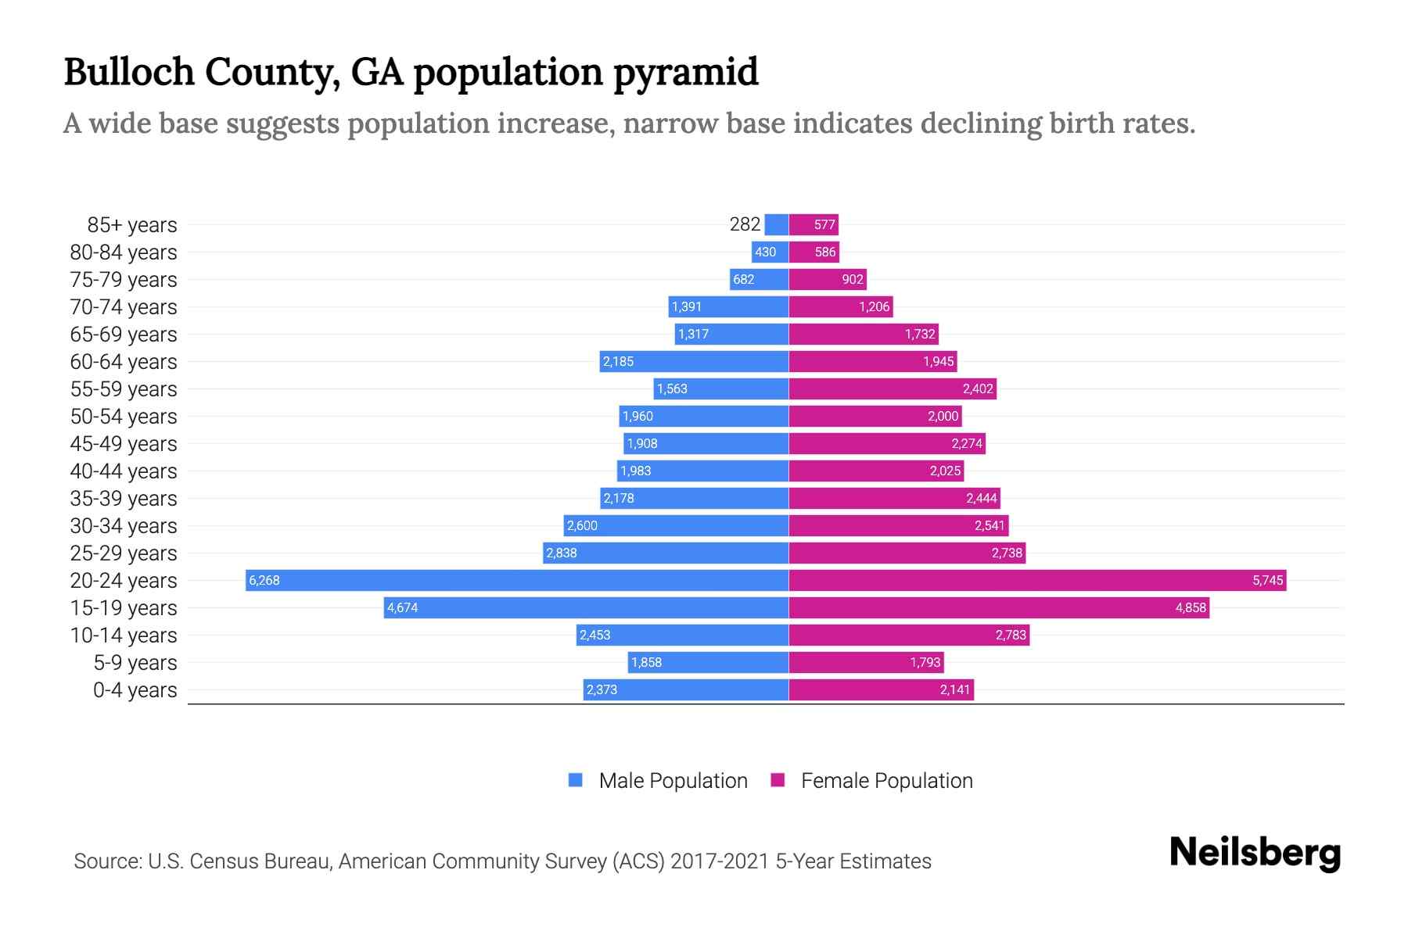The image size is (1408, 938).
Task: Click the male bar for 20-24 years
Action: coord(516,580)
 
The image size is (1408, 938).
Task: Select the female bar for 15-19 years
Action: coord(999,607)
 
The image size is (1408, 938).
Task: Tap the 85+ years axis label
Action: coord(131,225)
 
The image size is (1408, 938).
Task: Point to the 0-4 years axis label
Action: coord(135,690)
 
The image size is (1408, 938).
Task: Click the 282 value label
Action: coord(745,224)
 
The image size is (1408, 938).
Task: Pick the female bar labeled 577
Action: coord(814,224)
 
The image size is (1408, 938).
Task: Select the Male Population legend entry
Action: coord(658,780)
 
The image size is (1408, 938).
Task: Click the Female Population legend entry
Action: coord(871,780)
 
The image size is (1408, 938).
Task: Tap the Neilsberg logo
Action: coord(1255,853)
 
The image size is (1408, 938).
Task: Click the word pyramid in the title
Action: coord(685,73)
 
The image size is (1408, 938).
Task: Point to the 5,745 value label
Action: coord(1267,580)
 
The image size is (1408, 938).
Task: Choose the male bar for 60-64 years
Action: coord(694,361)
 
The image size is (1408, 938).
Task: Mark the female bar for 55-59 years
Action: coord(893,388)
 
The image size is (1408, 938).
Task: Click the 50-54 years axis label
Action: coord(124,417)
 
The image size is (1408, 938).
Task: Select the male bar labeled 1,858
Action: coord(708,662)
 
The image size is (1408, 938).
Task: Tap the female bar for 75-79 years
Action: coord(828,279)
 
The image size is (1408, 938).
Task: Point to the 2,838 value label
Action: coord(561,553)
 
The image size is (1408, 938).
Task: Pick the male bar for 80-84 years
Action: coord(770,252)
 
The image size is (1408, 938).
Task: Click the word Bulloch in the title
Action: coord(129,73)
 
